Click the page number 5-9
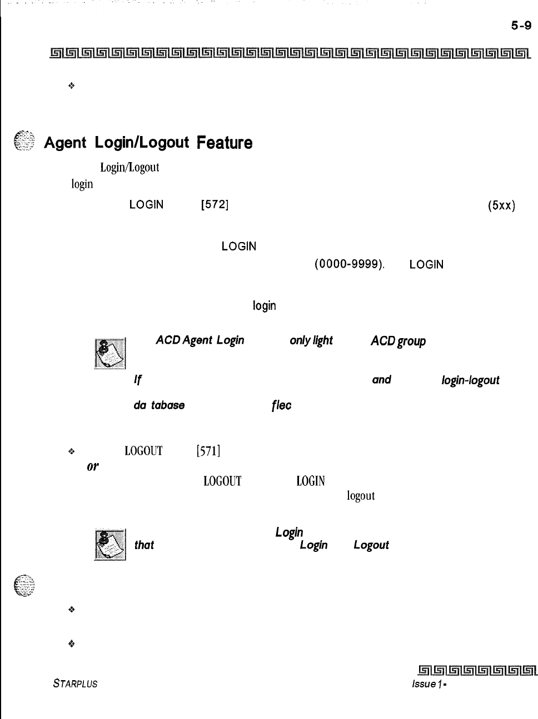tap(521, 26)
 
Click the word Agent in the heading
tap(64, 143)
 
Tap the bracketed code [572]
tap(214, 204)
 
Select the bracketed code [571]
tap(209, 451)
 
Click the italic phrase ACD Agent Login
tap(200, 340)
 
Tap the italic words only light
tap(311, 340)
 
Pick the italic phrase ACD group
tap(398, 341)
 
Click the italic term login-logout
tap(470, 380)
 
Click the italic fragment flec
tap(282, 405)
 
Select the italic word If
tap(137, 380)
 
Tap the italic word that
tap(144, 545)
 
